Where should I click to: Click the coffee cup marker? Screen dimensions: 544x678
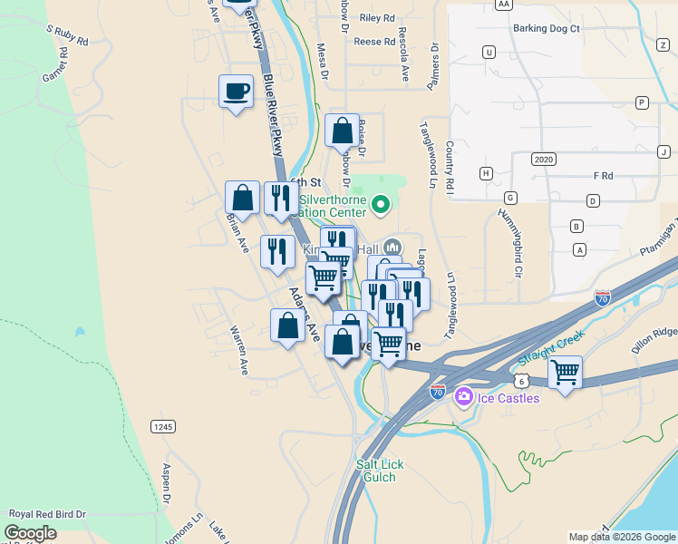[x=236, y=92]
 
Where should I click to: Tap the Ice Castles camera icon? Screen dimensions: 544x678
[x=464, y=396]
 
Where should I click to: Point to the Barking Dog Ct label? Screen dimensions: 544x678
[x=546, y=28]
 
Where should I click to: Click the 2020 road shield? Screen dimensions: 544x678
[x=544, y=159]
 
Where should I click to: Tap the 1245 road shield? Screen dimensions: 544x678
[x=163, y=426]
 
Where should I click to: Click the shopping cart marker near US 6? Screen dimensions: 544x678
[x=565, y=372]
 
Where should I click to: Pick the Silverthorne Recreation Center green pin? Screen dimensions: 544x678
[x=381, y=206]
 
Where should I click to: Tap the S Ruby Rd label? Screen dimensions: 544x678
[x=68, y=35]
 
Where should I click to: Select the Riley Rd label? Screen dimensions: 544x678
[x=377, y=17]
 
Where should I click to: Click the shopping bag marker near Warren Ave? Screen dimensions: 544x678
[x=287, y=325]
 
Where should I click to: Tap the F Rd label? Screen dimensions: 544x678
[x=603, y=175]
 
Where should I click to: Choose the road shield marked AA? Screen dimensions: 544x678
[x=505, y=5]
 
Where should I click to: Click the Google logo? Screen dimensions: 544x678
[x=31, y=533]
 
